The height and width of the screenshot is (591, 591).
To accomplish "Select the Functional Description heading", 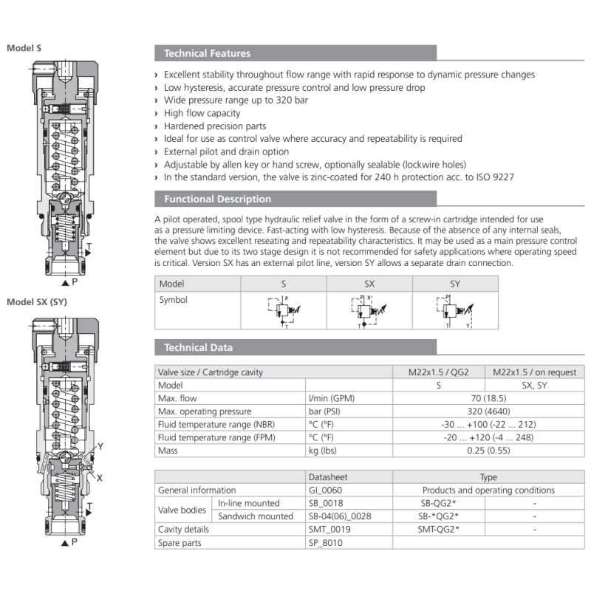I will pos(217,199).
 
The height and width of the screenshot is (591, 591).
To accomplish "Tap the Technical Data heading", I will pos(198,347).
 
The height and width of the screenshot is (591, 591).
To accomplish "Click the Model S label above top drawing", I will pos(24,48).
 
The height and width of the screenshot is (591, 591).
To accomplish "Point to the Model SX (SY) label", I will pos(37,301).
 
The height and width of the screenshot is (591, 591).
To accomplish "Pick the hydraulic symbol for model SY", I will pos(455,310).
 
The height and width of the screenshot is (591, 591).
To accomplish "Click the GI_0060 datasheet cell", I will pos(325,490).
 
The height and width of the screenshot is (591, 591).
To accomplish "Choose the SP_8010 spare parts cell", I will pos(325,543).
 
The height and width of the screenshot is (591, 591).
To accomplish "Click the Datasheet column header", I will pos(327,477).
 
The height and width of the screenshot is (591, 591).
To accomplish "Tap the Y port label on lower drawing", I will pos(100,446).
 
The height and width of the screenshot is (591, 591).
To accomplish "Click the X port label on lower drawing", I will pos(100,478).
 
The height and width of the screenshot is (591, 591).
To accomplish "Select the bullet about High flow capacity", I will pos(202,113).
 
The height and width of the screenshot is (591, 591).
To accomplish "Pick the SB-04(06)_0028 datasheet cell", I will pos(339,516).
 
